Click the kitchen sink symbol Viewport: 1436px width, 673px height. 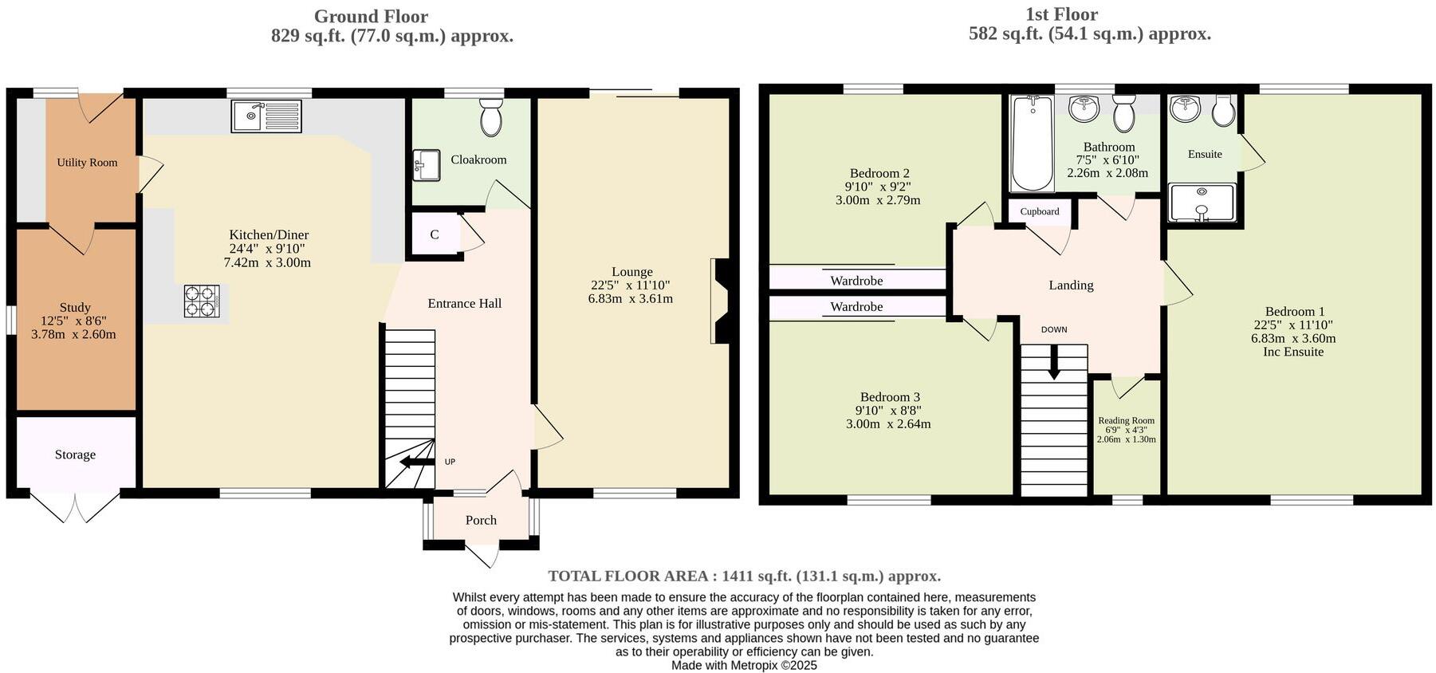point(266,116)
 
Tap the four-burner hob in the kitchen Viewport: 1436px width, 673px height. point(201,301)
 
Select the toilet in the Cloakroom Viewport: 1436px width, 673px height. point(490,118)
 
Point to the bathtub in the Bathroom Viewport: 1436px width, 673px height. point(1031,144)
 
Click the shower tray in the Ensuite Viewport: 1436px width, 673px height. point(1202,203)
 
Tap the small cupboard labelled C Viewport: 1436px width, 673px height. point(435,234)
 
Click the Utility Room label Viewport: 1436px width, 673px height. point(87,163)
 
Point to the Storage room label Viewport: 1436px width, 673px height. point(75,455)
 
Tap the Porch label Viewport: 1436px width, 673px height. point(481,520)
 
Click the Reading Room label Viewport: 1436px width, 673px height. point(1126,420)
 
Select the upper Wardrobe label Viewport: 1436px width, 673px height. point(856,281)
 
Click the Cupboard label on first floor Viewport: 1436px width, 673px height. point(1040,211)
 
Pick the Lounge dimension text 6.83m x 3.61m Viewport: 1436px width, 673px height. point(630,299)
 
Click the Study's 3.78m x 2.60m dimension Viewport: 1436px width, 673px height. point(73,334)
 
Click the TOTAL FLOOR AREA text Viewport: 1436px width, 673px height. point(744,576)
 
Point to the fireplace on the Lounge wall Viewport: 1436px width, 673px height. point(720,301)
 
